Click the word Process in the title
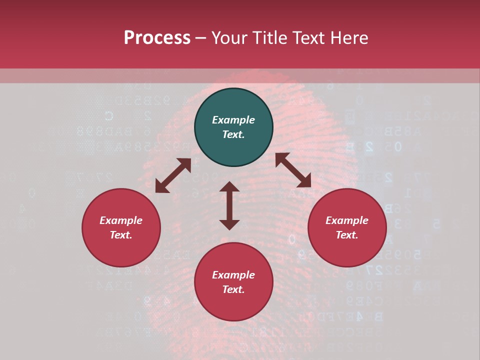(x=157, y=38)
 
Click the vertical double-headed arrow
(x=229, y=205)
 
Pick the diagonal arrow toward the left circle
(x=173, y=175)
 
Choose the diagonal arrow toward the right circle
(x=293, y=170)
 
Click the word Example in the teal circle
(x=233, y=120)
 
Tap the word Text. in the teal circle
(x=233, y=134)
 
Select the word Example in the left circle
(x=121, y=220)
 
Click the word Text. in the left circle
(x=121, y=235)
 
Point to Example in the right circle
(x=347, y=220)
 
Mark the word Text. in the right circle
(x=347, y=235)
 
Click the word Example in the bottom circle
(x=233, y=275)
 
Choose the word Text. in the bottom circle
(x=233, y=289)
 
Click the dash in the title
(x=201, y=38)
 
